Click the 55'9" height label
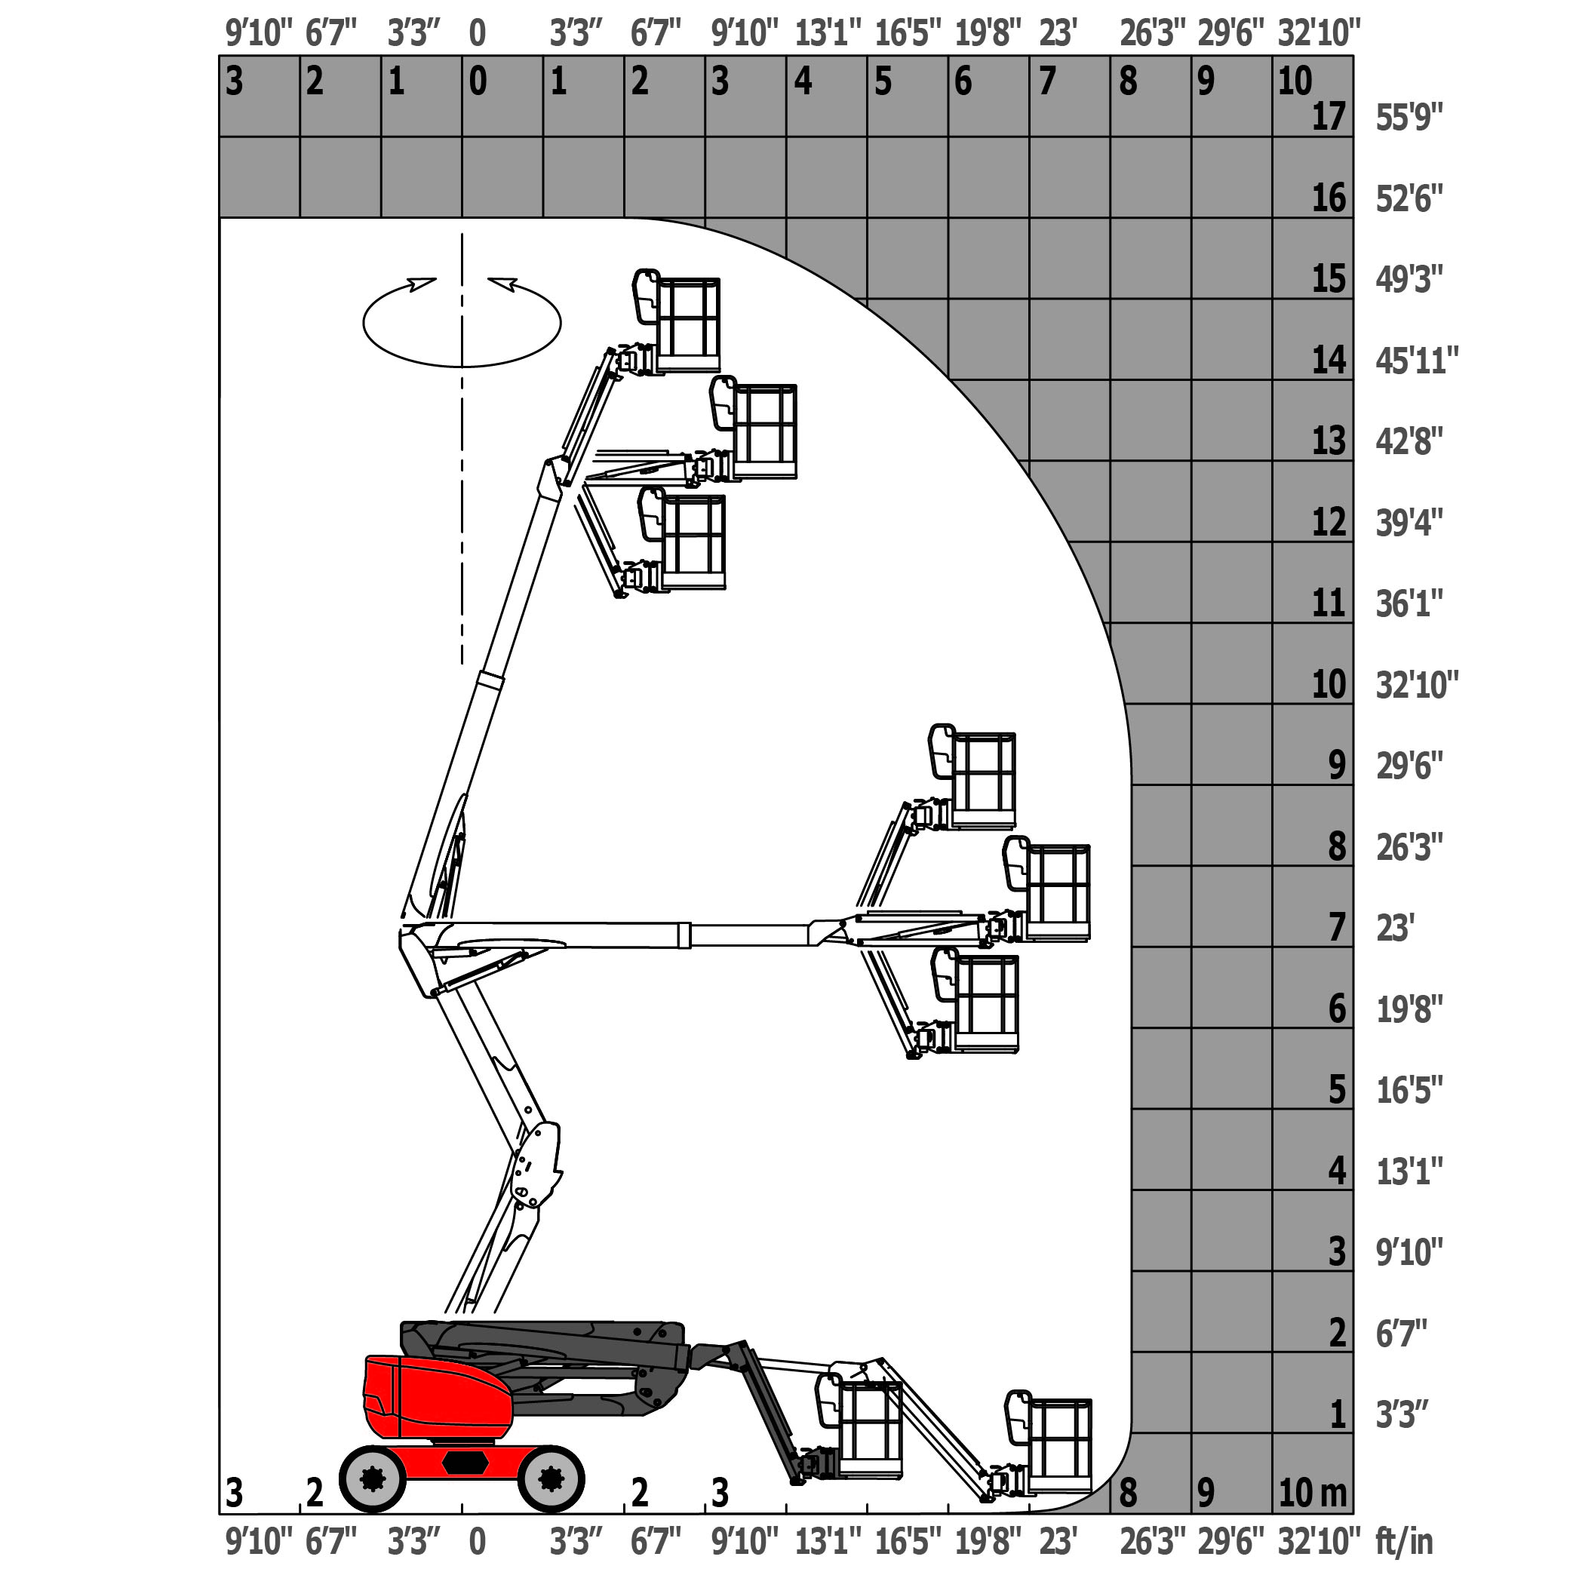coord(1409,118)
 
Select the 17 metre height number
coord(1329,117)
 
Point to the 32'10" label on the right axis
coord(1418,685)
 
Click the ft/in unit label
coord(1405,1541)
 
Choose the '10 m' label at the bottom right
coord(1313,1492)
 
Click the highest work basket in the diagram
coord(677,321)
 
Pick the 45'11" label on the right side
coord(1418,361)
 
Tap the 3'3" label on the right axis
coord(1402,1415)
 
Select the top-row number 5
coord(883,81)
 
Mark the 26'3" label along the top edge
coord(1152,33)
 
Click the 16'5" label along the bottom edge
coord(908,1541)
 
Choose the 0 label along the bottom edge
coord(477,1541)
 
